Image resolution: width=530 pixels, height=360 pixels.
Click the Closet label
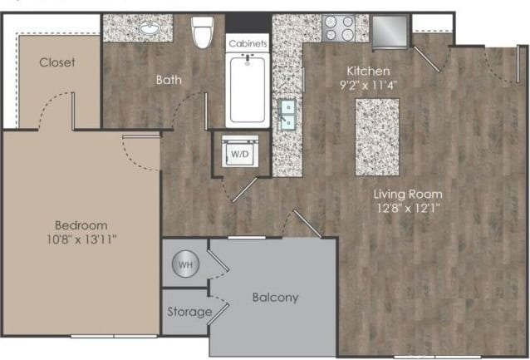(57, 62)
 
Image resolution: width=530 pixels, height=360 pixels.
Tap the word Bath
(169, 81)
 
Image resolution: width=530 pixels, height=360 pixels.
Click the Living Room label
(407, 194)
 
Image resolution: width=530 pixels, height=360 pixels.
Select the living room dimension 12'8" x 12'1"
(406, 208)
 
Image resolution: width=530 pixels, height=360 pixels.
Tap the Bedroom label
(81, 225)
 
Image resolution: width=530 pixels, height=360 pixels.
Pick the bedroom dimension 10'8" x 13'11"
(81, 239)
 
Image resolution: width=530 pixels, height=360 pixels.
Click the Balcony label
(275, 297)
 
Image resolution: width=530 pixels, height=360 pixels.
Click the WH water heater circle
(185, 264)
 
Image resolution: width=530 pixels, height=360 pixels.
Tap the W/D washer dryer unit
(240, 154)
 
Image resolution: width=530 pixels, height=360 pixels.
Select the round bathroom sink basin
(150, 27)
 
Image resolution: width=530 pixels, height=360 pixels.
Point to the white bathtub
(248, 91)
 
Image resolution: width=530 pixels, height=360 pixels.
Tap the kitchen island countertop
(377, 136)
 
